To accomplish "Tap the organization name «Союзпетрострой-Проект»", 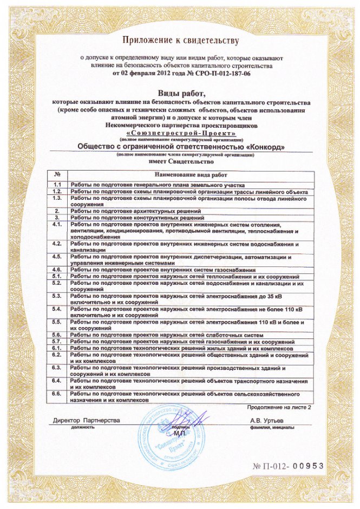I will click(181, 133).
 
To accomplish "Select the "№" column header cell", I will click(57, 175).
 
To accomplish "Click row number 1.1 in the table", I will click(57, 185).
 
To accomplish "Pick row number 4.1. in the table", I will click(57, 224).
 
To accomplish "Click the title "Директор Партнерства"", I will click(86, 420).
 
